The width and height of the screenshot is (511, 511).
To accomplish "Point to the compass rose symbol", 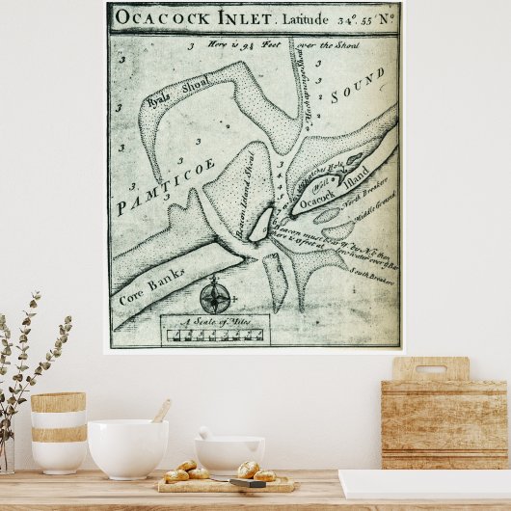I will pyautogui.click(x=215, y=294).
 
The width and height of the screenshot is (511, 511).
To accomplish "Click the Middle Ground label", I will pyautogui.click(x=376, y=210).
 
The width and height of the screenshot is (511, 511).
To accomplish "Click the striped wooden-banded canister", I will pyautogui.click(x=58, y=432).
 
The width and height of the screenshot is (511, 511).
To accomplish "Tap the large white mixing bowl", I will pyautogui.click(x=127, y=447).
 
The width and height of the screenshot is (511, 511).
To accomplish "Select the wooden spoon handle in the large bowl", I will pyautogui.click(x=161, y=411).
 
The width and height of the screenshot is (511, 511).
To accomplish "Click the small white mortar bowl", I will pyautogui.click(x=229, y=453).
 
